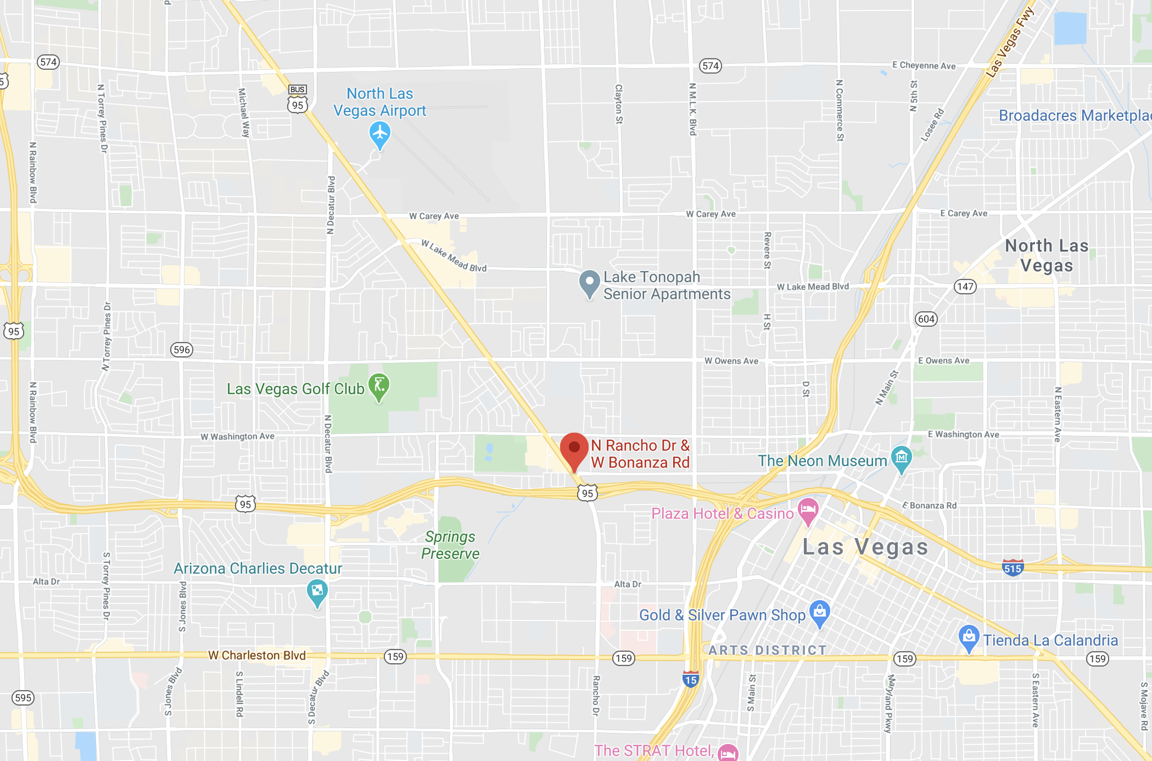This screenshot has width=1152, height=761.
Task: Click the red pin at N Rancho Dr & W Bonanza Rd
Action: [574, 449]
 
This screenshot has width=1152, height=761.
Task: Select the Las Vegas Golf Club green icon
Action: [379, 386]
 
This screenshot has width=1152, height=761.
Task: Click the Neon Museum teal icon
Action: [902, 457]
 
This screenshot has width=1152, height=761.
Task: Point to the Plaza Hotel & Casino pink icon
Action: [808, 510]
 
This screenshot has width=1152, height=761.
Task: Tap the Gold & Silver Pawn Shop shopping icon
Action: [820, 611]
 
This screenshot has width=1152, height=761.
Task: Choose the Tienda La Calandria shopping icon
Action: [969, 637]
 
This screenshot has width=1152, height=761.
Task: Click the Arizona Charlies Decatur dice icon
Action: [317, 591]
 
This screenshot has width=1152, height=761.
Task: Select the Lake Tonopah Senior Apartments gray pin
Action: [589, 282]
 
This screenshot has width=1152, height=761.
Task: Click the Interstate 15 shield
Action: [691, 679]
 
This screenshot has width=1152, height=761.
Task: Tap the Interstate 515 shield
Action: [1012, 568]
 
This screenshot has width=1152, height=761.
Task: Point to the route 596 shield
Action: [182, 350]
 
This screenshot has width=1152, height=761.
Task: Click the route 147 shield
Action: [965, 287]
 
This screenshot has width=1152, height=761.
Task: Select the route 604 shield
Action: [926, 319]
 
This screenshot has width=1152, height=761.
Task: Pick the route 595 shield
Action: [23, 698]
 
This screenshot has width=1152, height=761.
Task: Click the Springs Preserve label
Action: [450, 545]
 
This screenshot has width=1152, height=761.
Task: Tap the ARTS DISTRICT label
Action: [767, 651]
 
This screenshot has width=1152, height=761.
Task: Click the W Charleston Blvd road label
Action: [257, 655]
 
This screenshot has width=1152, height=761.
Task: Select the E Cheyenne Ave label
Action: [924, 66]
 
